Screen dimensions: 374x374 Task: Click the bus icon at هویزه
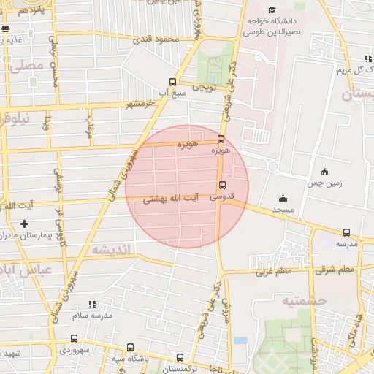pos(221,139)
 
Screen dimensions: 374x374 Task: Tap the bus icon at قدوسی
pos(223,185)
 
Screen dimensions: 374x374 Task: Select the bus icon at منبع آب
pos(172,83)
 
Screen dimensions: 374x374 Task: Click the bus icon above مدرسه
pos(346,232)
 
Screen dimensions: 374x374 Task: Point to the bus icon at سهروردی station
pos(74,338)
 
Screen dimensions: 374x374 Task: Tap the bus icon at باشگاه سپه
pos(130,347)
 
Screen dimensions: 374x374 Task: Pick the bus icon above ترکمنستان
pos(180,358)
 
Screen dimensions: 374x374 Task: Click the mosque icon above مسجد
pos(283,197)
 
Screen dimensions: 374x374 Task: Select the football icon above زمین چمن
pos(324,172)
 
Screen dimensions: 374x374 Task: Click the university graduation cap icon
pos(272,10)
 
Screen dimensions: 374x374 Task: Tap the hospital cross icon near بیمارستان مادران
pos(25,224)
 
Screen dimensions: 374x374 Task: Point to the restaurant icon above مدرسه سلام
pos(91,303)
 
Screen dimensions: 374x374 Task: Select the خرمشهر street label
pos(141,104)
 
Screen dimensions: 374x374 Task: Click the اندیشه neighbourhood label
pos(111,250)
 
